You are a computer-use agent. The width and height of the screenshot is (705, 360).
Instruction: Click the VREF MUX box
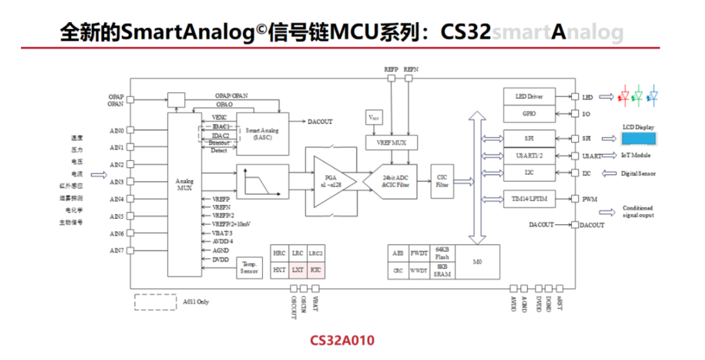[392, 142]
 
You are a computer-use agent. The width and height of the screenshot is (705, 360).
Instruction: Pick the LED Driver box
[529, 97]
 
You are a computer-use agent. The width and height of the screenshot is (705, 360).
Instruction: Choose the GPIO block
[529, 113]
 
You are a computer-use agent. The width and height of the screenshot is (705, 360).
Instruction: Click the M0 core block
[478, 261]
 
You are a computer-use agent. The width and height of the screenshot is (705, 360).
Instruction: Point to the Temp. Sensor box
[249, 268]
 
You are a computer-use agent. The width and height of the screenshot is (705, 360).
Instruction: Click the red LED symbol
[625, 96]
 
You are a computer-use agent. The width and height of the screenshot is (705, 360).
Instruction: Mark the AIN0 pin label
[117, 130]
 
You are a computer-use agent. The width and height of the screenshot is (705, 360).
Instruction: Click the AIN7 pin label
[117, 251]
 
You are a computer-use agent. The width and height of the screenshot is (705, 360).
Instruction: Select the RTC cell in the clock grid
[316, 270]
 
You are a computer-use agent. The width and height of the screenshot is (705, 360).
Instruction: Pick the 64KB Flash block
[442, 253]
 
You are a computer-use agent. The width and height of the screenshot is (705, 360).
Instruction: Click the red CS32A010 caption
[342, 340]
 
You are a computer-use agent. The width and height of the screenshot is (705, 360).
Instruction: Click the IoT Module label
[635, 156]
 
